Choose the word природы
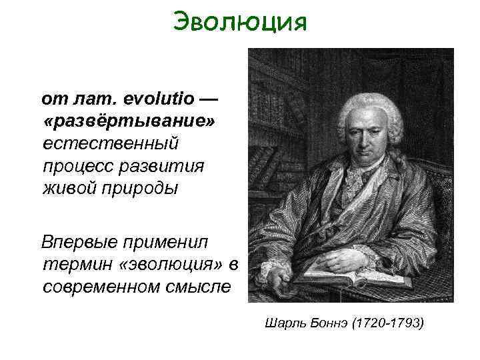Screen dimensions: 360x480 pos(141,188)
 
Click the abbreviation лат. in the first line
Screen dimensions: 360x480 pos(92,99)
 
